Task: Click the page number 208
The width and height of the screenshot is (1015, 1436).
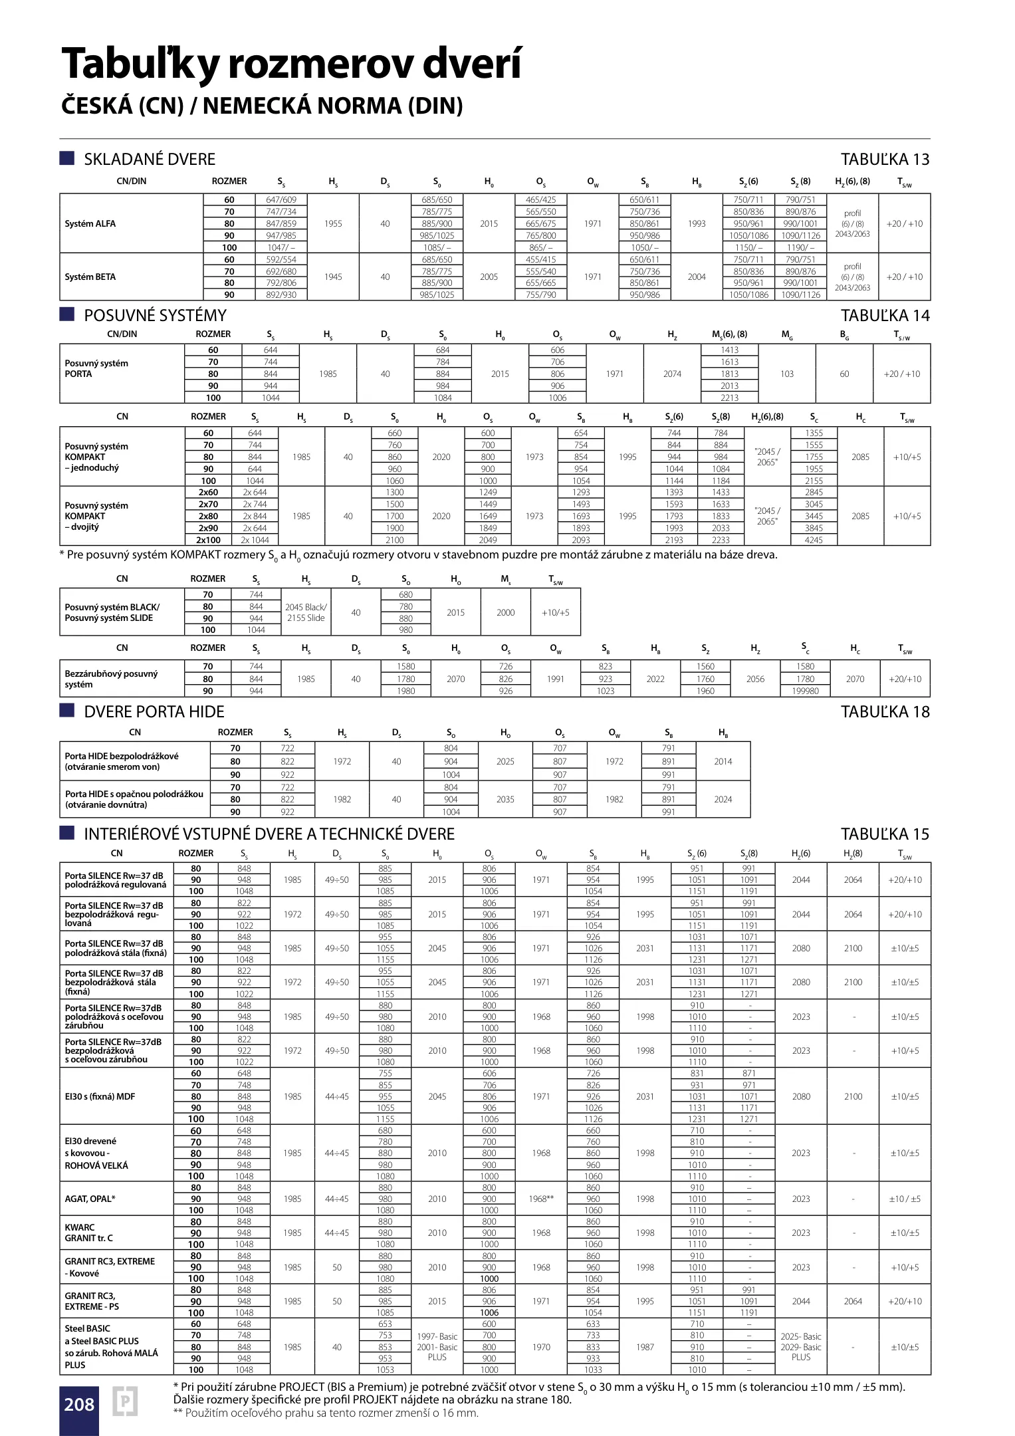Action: click(79, 1404)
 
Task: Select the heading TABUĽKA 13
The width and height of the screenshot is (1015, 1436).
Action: click(885, 160)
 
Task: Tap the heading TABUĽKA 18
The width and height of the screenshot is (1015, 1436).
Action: click(885, 712)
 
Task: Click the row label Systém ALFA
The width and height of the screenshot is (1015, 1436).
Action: click(90, 224)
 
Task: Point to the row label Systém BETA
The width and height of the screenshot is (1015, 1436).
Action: click(90, 277)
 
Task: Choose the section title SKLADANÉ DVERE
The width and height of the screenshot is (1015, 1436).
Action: click(150, 160)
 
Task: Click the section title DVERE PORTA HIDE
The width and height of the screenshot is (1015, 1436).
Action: click(154, 712)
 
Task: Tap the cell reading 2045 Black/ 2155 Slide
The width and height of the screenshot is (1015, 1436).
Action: click(306, 612)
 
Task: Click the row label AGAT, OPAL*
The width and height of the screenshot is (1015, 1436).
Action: click(90, 1199)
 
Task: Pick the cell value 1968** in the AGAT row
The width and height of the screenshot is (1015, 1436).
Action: click(541, 1199)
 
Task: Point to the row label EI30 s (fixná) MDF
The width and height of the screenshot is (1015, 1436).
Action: click(100, 1096)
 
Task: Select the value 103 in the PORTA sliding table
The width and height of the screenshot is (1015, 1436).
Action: click(787, 374)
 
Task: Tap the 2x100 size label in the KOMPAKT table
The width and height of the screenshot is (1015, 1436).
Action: click(208, 540)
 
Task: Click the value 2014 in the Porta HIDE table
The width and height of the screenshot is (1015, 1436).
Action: click(723, 761)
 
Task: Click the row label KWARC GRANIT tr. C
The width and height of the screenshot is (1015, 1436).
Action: click(89, 1233)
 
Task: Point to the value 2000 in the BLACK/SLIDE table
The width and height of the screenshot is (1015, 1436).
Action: click(505, 612)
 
